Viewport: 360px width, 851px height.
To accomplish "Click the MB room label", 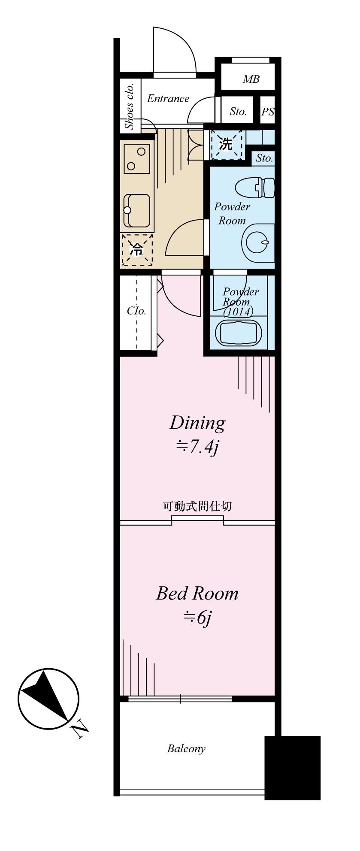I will [251, 79].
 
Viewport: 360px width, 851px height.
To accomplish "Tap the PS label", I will [268, 112].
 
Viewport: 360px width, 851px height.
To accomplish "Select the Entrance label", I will [168, 99].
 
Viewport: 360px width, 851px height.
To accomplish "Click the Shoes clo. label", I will [130, 106].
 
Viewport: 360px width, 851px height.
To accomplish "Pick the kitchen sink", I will [137, 210].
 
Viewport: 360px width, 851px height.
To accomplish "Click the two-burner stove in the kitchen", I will [137, 158].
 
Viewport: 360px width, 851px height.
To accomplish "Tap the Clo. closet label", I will [136, 311].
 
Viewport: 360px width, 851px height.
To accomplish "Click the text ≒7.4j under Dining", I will [197, 448].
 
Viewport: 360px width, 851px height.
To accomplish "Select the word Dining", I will [197, 423].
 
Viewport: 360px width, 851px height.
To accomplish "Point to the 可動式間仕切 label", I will [197, 506].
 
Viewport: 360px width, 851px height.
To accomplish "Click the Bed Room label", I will [197, 594].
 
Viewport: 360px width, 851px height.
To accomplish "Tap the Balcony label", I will [186, 749].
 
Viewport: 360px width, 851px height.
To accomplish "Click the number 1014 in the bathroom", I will [239, 312].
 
